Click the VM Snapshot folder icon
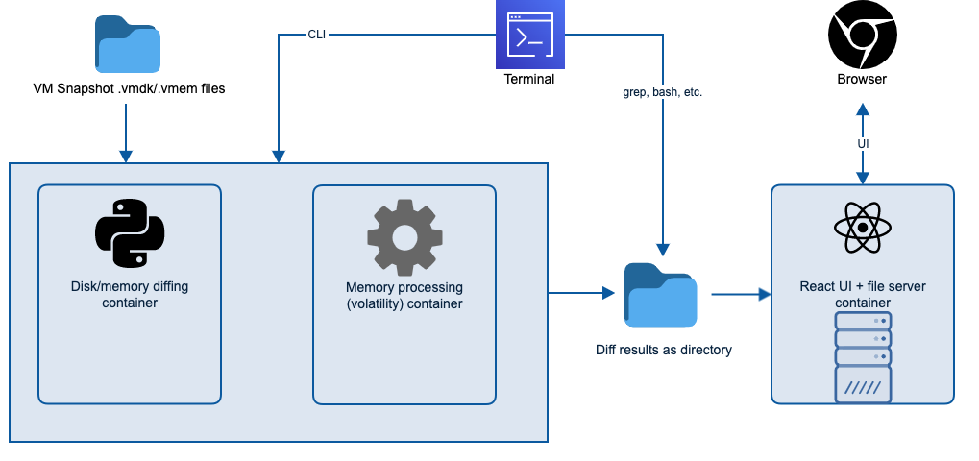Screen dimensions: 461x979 128,45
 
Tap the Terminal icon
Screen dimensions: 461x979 529,35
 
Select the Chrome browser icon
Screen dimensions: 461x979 862,35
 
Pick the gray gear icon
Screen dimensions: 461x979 404,235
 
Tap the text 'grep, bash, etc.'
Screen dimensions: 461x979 663,94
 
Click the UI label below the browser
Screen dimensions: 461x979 863,144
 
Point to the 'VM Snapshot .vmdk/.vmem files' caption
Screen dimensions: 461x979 129,89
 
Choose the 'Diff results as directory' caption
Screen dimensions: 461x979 663,350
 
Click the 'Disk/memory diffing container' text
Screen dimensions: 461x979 130,295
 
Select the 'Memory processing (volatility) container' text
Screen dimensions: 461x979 404,296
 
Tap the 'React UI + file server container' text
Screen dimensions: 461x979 863,294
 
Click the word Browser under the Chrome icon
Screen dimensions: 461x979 862,79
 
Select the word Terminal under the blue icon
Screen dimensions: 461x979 529,79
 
